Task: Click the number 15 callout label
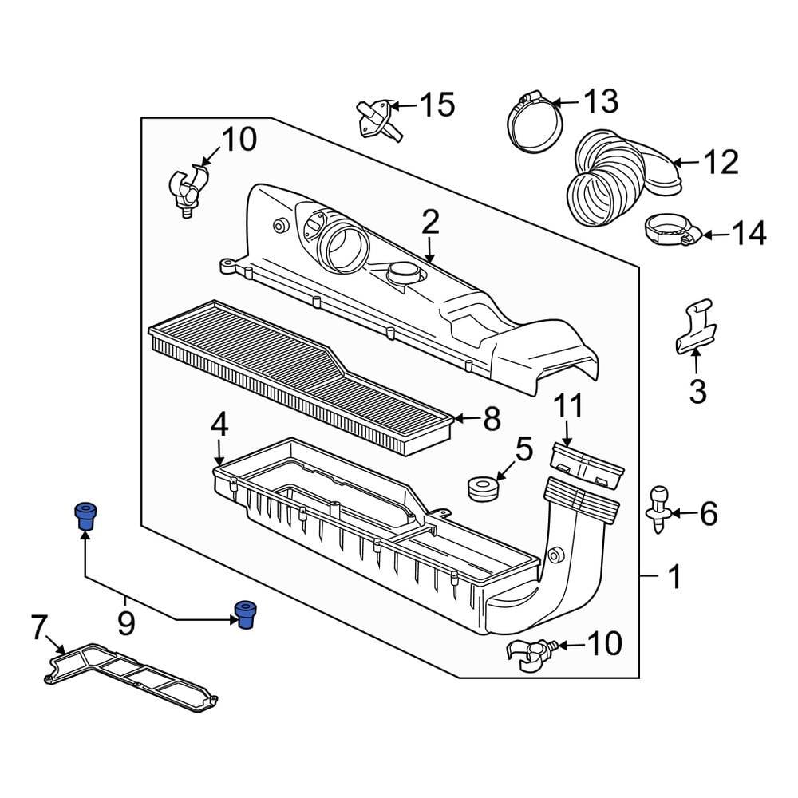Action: [437, 105]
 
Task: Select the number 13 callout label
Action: [600, 101]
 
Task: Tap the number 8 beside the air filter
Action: [492, 419]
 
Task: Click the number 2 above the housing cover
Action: [431, 222]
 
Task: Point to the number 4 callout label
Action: [219, 425]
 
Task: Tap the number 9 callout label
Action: [127, 622]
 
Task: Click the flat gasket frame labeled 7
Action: [132, 674]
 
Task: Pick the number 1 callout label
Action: [674, 576]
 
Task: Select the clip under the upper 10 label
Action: [186, 189]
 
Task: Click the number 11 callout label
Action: [571, 409]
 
